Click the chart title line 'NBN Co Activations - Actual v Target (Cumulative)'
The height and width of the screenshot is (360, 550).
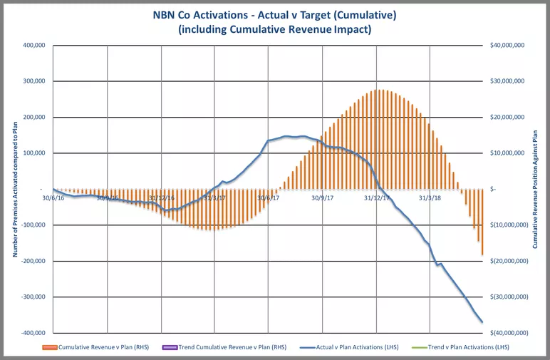point(274,16)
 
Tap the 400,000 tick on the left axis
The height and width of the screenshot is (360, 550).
point(33,45)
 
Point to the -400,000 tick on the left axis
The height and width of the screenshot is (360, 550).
point(31,333)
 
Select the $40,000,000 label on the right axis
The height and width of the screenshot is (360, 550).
point(508,45)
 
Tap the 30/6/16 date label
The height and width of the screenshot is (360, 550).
point(53,197)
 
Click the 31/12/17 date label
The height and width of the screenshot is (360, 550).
point(376,197)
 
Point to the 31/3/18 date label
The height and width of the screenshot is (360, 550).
point(430,197)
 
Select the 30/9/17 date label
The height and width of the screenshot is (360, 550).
point(323,197)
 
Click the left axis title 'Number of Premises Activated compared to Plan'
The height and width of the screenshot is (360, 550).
point(14,189)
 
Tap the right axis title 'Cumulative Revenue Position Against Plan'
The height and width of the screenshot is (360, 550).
point(536,189)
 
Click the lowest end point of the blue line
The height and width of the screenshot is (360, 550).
point(482,322)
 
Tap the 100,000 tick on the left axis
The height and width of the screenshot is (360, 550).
point(33,153)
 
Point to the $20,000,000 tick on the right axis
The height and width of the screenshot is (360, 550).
point(508,117)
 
